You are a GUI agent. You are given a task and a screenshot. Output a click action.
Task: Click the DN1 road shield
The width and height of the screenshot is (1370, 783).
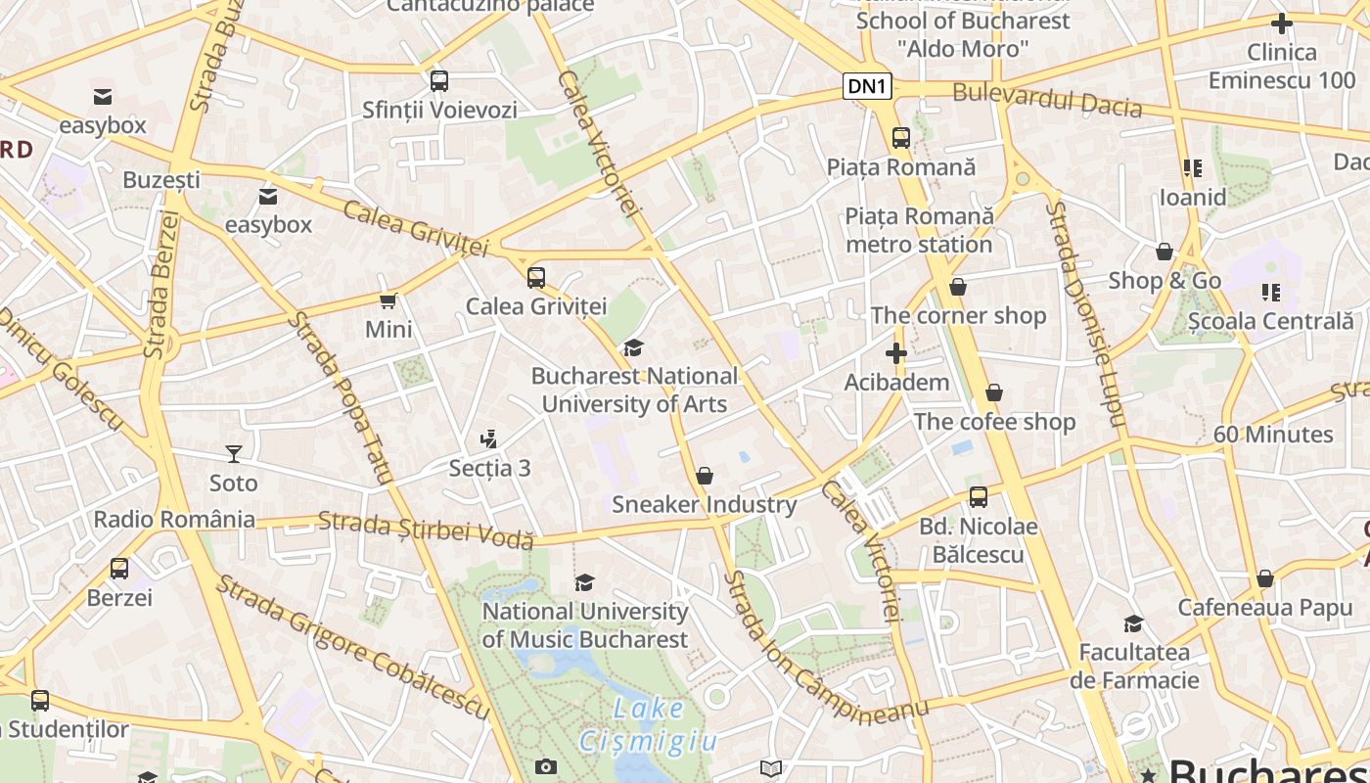click(867, 87)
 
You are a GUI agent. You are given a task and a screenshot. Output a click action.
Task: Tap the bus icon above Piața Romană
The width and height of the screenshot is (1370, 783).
click(901, 138)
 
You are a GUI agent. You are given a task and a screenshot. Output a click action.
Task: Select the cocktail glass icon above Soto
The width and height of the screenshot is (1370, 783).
click(234, 453)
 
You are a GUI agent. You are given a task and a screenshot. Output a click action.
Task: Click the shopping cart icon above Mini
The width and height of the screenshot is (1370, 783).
click(388, 300)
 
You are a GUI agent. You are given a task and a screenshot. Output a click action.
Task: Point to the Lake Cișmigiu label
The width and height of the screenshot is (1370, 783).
click(649, 724)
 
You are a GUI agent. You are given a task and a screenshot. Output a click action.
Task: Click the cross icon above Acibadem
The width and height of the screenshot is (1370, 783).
click(896, 353)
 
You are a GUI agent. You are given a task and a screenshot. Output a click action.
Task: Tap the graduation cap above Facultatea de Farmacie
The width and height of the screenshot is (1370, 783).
click(1133, 623)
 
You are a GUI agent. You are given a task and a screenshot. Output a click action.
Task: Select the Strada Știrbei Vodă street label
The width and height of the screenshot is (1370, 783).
click(426, 530)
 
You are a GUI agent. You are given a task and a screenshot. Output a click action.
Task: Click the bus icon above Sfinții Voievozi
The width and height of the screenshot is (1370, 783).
click(439, 80)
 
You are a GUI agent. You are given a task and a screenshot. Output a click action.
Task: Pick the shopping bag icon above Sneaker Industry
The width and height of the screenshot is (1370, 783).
click(705, 477)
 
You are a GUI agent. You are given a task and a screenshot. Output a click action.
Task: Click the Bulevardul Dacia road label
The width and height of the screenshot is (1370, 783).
click(1047, 99)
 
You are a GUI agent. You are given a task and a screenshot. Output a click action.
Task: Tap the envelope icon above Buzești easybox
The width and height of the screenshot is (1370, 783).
click(268, 197)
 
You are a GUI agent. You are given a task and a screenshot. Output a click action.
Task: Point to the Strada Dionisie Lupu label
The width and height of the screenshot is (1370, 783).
click(1086, 313)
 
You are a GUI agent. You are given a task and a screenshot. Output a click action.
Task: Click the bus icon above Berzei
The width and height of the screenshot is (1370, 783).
click(119, 568)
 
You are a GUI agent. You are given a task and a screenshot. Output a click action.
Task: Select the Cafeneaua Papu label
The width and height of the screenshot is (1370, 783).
click(1264, 607)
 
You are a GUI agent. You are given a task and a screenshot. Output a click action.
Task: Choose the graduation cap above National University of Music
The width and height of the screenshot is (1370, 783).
click(585, 583)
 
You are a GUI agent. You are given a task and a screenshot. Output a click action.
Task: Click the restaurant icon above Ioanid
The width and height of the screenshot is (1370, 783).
click(1192, 168)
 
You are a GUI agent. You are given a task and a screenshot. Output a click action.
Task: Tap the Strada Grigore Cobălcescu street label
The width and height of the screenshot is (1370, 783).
click(352, 647)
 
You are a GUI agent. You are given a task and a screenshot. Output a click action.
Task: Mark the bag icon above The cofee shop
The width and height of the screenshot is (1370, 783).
click(994, 393)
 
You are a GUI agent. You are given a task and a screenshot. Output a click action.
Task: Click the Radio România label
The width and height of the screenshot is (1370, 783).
click(174, 519)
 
